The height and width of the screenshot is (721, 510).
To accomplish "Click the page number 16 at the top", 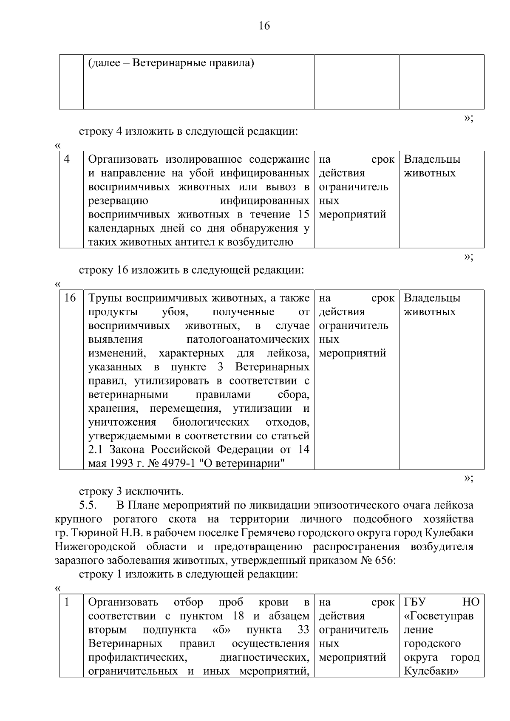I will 264,26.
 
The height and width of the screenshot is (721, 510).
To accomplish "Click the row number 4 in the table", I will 67,159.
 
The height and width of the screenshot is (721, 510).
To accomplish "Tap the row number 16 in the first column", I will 70,298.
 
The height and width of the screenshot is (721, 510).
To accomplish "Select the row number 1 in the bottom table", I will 67,602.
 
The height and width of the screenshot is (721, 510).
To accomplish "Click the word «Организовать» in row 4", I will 123,160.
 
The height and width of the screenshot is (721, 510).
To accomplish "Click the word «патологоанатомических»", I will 248,339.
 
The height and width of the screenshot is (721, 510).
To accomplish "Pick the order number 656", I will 384,560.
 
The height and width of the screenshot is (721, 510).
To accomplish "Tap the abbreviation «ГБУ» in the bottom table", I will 415,602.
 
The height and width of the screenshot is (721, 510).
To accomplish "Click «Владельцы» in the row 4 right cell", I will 432,160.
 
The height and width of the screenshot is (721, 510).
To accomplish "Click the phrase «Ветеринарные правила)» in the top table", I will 193,64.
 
